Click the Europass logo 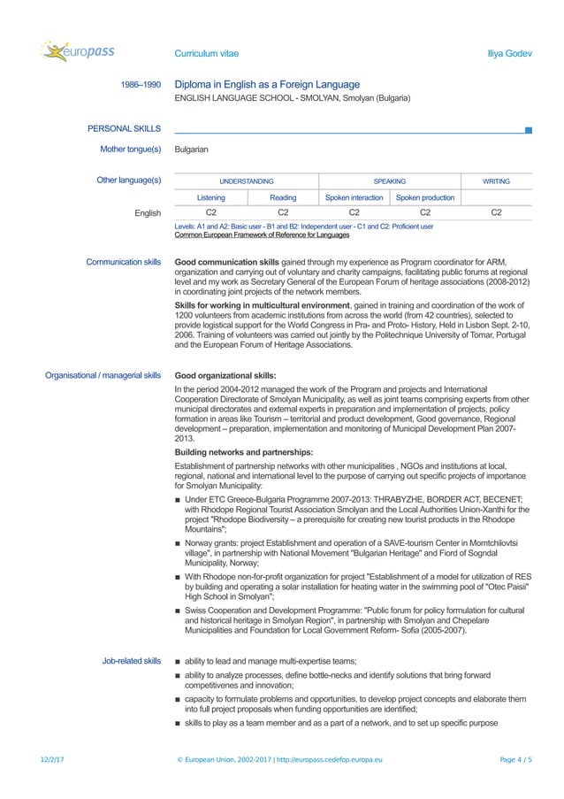[78, 52]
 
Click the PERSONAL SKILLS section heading [124, 129]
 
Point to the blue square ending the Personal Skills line [528, 130]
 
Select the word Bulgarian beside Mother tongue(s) [192, 150]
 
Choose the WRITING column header [496, 181]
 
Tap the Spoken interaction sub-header [354, 197]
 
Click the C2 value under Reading [283, 213]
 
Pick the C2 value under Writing [496, 213]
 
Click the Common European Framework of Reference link [262, 235]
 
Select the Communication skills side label [123, 263]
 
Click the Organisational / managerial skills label [103, 375]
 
